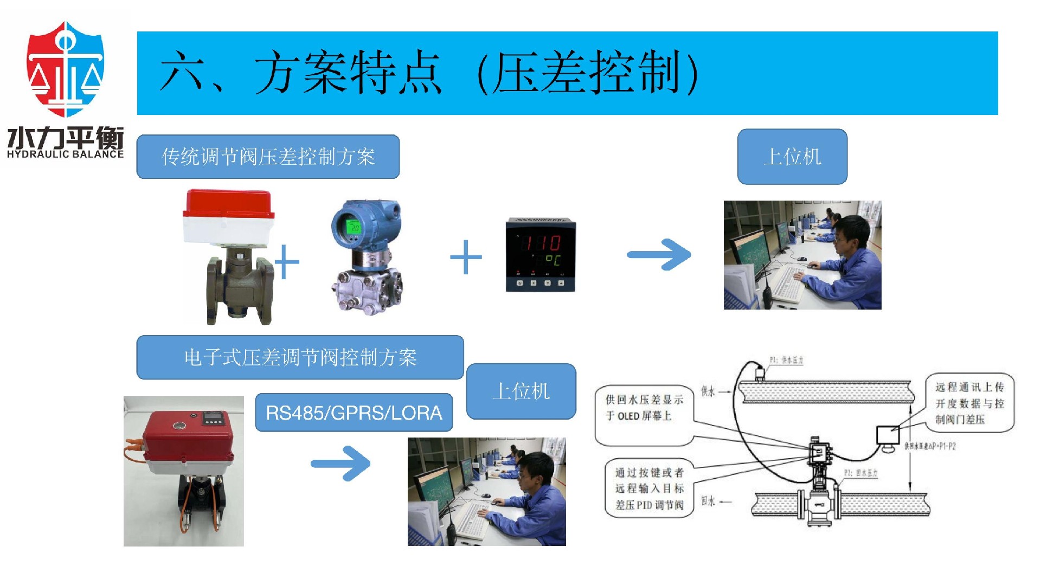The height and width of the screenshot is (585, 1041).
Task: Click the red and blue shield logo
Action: (x=65, y=69)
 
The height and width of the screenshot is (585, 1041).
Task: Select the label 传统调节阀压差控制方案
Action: (x=268, y=157)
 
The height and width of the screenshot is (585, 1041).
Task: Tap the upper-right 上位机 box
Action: (x=792, y=157)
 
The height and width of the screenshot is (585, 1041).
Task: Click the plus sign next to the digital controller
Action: (x=466, y=257)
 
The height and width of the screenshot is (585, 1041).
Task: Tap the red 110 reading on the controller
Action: (x=541, y=242)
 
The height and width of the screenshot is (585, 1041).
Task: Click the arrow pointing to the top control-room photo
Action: (x=659, y=254)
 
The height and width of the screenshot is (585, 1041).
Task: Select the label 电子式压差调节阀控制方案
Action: (x=300, y=357)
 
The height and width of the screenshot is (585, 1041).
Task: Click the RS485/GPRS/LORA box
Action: (x=354, y=413)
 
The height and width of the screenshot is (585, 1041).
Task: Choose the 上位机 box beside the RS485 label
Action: (x=521, y=391)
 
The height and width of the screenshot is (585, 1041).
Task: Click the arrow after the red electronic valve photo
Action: (x=340, y=464)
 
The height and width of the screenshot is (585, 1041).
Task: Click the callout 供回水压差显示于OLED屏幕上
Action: (x=644, y=408)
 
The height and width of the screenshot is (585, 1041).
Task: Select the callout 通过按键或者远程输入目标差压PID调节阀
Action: (x=649, y=488)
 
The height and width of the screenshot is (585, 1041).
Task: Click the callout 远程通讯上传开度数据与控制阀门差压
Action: (x=969, y=403)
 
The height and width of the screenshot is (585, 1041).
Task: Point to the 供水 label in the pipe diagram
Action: (x=708, y=391)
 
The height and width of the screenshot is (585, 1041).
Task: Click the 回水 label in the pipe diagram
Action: (x=708, y=501)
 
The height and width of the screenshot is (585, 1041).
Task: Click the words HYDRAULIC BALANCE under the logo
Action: (x=65, y=155)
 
